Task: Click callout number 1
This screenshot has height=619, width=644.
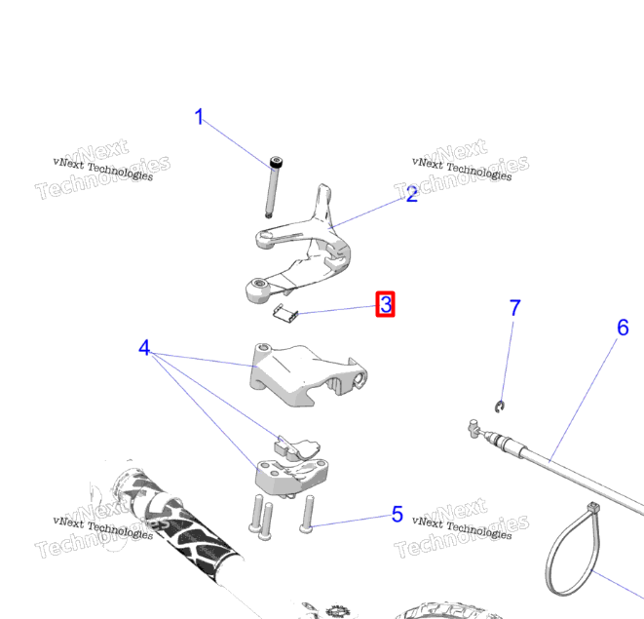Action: click(x=199, y=117)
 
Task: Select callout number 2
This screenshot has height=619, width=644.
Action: click(x=411, y=194)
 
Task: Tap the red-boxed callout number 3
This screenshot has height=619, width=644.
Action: click(x=385, y=304)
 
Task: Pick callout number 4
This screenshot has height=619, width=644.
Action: click(x=144, y=348)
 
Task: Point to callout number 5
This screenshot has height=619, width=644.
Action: click(x=398, y=514)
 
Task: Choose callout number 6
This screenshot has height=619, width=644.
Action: click(x=623, y=328)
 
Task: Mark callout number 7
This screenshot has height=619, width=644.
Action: click(x=515, y=308)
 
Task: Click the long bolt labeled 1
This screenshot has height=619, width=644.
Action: click(x=274, y=187)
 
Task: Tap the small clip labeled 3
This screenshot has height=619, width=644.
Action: click(x=285, y=314)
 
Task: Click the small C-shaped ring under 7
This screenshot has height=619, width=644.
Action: click(x=500, y=406)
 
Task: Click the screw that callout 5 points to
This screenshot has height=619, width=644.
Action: click(x=307, y=515)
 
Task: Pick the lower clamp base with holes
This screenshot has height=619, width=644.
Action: click(x=291, y=477)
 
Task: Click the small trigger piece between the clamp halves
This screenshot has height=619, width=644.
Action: click(x=296, y=448)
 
